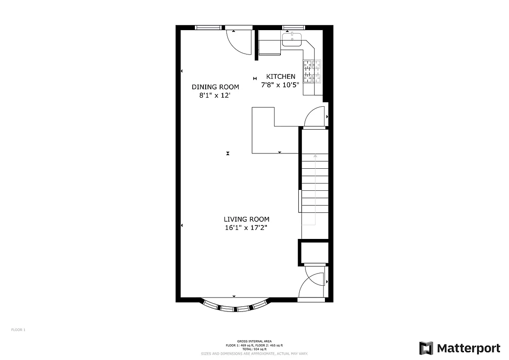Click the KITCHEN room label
281,76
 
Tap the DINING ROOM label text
215,87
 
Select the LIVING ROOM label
246,219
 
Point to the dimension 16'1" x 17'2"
246,228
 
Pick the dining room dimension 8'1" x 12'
215,95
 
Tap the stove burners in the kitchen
312,72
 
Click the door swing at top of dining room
239,42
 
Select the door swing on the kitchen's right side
315,117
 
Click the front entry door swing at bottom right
312,284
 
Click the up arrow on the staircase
315,156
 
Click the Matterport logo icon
426,348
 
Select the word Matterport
468,348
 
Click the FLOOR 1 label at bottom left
18,330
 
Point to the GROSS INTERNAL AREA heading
254,341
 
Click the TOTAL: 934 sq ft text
254,349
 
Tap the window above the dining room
210,27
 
